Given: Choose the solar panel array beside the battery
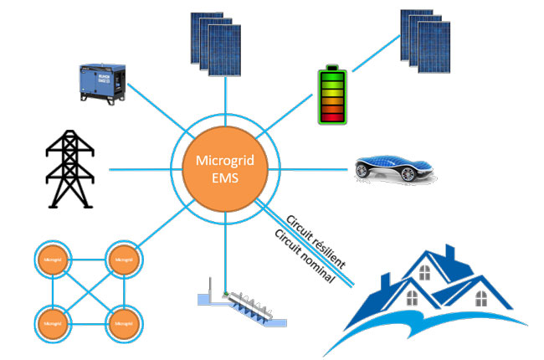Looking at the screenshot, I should click(x=429, y=41).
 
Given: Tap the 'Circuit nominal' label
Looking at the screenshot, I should click(x=304, y=255).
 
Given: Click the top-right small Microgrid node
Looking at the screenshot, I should click(x=122, y=260).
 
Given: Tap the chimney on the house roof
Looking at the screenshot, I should click(x=449, y=252).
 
